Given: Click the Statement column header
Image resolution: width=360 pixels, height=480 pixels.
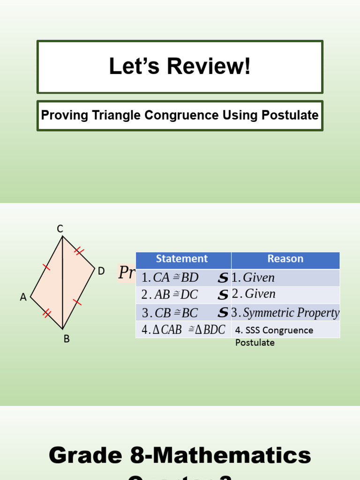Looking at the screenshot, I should [182, 259].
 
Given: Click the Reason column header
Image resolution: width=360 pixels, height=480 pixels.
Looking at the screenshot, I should [285, 259].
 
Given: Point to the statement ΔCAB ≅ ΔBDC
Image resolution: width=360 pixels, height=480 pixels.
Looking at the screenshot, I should [183, 330].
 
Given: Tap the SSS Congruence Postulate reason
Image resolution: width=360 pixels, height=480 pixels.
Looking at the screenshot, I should [274, 336].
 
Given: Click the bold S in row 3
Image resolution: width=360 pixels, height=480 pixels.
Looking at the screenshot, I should [223, 313].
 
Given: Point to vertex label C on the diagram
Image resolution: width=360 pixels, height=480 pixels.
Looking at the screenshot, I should [60, 229].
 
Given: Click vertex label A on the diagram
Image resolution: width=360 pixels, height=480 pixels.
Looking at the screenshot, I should [23, 297].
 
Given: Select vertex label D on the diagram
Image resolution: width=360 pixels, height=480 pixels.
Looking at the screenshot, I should [101, 271].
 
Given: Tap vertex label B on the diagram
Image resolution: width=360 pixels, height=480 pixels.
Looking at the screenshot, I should [67, 338].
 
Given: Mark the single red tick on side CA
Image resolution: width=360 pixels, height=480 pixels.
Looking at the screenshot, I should [46, 267].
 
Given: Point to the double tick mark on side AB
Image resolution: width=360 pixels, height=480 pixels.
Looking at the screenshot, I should [46, 313].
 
